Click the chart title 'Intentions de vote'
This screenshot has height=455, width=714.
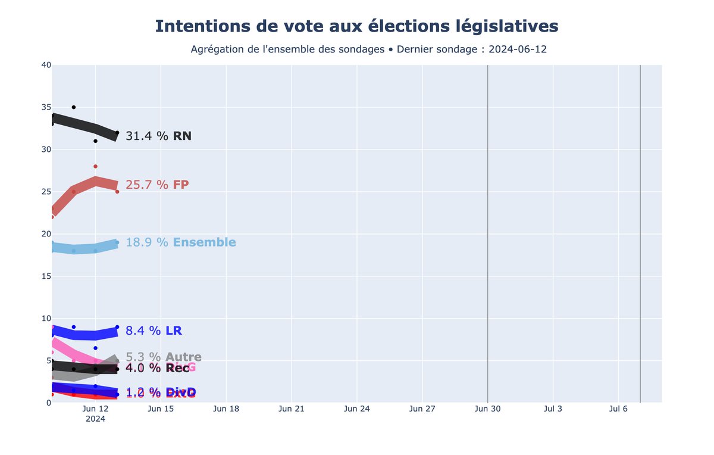[x=356, y=27]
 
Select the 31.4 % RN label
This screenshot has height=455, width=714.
[x=158, y=136]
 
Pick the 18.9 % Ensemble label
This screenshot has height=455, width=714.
[x=180, y=242]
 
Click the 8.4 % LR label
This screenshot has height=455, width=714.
[x=154, y=331]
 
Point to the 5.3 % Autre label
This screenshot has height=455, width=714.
[x=164, y=357]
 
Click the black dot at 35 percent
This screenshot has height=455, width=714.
[x=74, y=107]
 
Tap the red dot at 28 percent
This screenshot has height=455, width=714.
[x=95, y=166]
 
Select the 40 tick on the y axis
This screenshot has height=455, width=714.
[x=45, y=65]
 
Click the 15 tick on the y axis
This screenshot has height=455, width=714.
[x=45, y=276]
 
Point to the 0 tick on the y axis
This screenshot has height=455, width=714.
[x=48, y=403]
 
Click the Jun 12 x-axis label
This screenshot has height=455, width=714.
[x=95, y=409]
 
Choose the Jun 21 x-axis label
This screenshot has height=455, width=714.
[x=292, y=409]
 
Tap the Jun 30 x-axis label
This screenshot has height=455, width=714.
[x=487, y=409]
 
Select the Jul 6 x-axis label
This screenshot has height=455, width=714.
[x=618, y=409]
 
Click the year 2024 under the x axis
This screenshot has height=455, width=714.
[x=95, y=419]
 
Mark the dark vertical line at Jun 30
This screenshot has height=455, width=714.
[x=487, y=238]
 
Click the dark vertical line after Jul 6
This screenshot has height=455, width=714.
[x=640, y=238]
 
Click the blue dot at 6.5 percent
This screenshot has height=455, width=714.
[x=95, y=348]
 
